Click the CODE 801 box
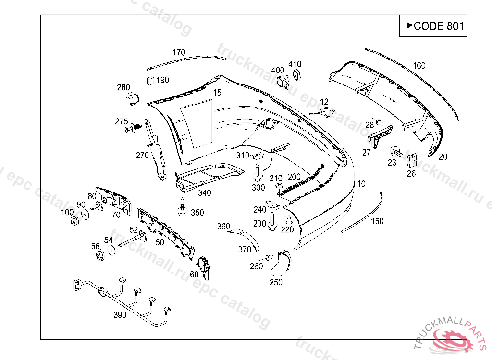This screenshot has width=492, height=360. (x=433, y=26)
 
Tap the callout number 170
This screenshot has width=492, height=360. (x=179, y=52)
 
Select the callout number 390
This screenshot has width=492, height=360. (x=120, y=315)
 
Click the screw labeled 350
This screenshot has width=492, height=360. (x=183, y=207)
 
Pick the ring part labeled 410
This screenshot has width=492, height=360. (x=296, y=74)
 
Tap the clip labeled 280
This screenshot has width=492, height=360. (x=132, y=99)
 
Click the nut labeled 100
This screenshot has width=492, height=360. (x=74, y=221)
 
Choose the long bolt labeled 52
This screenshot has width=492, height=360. (x=132, y=240)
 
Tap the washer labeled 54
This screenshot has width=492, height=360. (x=112, y=250)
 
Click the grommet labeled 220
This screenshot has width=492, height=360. (x=288, y=220)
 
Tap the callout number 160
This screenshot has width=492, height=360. (x=419, y=66)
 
